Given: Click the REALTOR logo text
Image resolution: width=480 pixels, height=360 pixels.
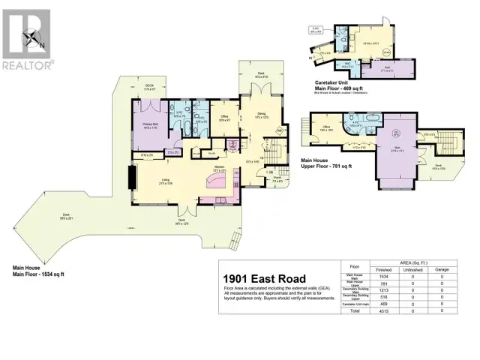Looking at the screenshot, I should [x=27, y=65].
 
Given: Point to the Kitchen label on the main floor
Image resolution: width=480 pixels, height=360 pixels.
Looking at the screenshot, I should [x=219, y=169].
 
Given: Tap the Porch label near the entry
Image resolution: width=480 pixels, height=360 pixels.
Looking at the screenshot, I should [x=276, y=179].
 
